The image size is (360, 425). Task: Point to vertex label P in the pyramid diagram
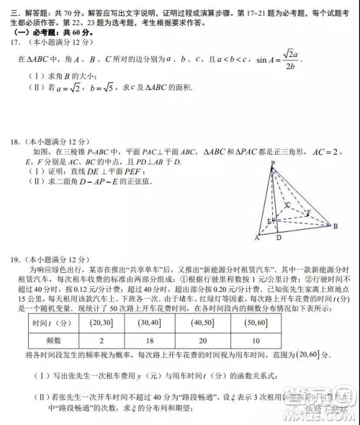273,164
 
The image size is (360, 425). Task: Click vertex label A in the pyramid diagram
256,238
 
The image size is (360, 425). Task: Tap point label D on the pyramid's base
279,238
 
